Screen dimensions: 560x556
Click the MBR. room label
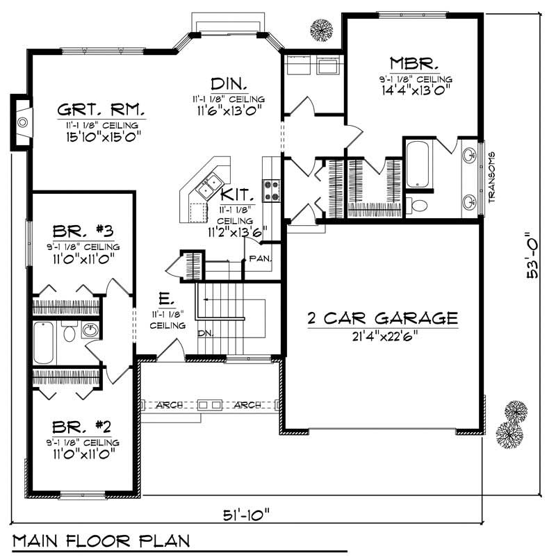click(x=414, y=63)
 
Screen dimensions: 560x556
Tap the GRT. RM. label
click(x=101, y=110)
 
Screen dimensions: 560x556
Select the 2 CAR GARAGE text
click(x=383, y=318)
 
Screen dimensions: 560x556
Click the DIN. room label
click(x=229, y=83)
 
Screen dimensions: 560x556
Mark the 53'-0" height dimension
click(x=533, y=255)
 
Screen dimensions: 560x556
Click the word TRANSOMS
click(x=491, y=177)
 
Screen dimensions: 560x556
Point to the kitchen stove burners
click(x=270, y=190)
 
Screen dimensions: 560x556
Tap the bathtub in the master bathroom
click(x=419, y=165)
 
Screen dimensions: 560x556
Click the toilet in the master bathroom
click(x=419, y=205)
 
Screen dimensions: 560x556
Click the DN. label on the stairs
click(x=205, y=333)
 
